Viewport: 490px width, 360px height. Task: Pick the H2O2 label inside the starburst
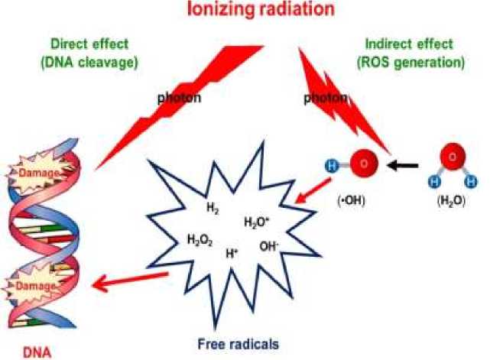200,239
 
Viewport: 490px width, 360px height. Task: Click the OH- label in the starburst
269,246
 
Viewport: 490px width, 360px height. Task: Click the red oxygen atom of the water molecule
451,157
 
